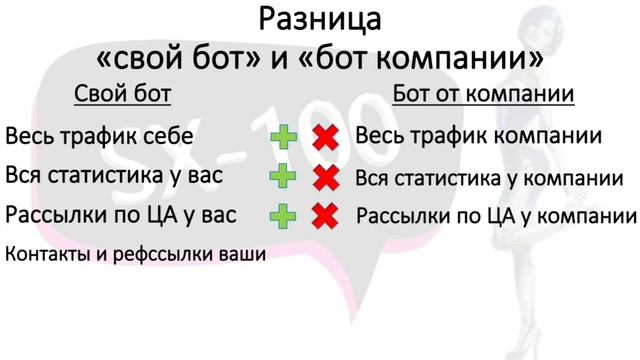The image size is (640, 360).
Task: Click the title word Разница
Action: [x=319, y=19]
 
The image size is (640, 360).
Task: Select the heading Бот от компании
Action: [x=483, y=95]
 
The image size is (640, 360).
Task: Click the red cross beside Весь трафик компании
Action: [x=324, y=137]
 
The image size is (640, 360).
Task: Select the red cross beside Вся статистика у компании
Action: [x=324, y=177]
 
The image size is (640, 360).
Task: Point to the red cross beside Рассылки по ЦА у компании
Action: [x=324, y=215]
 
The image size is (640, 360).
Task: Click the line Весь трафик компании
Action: [x=478, y=136]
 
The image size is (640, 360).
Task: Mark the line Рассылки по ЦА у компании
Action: [x=497, y=215]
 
